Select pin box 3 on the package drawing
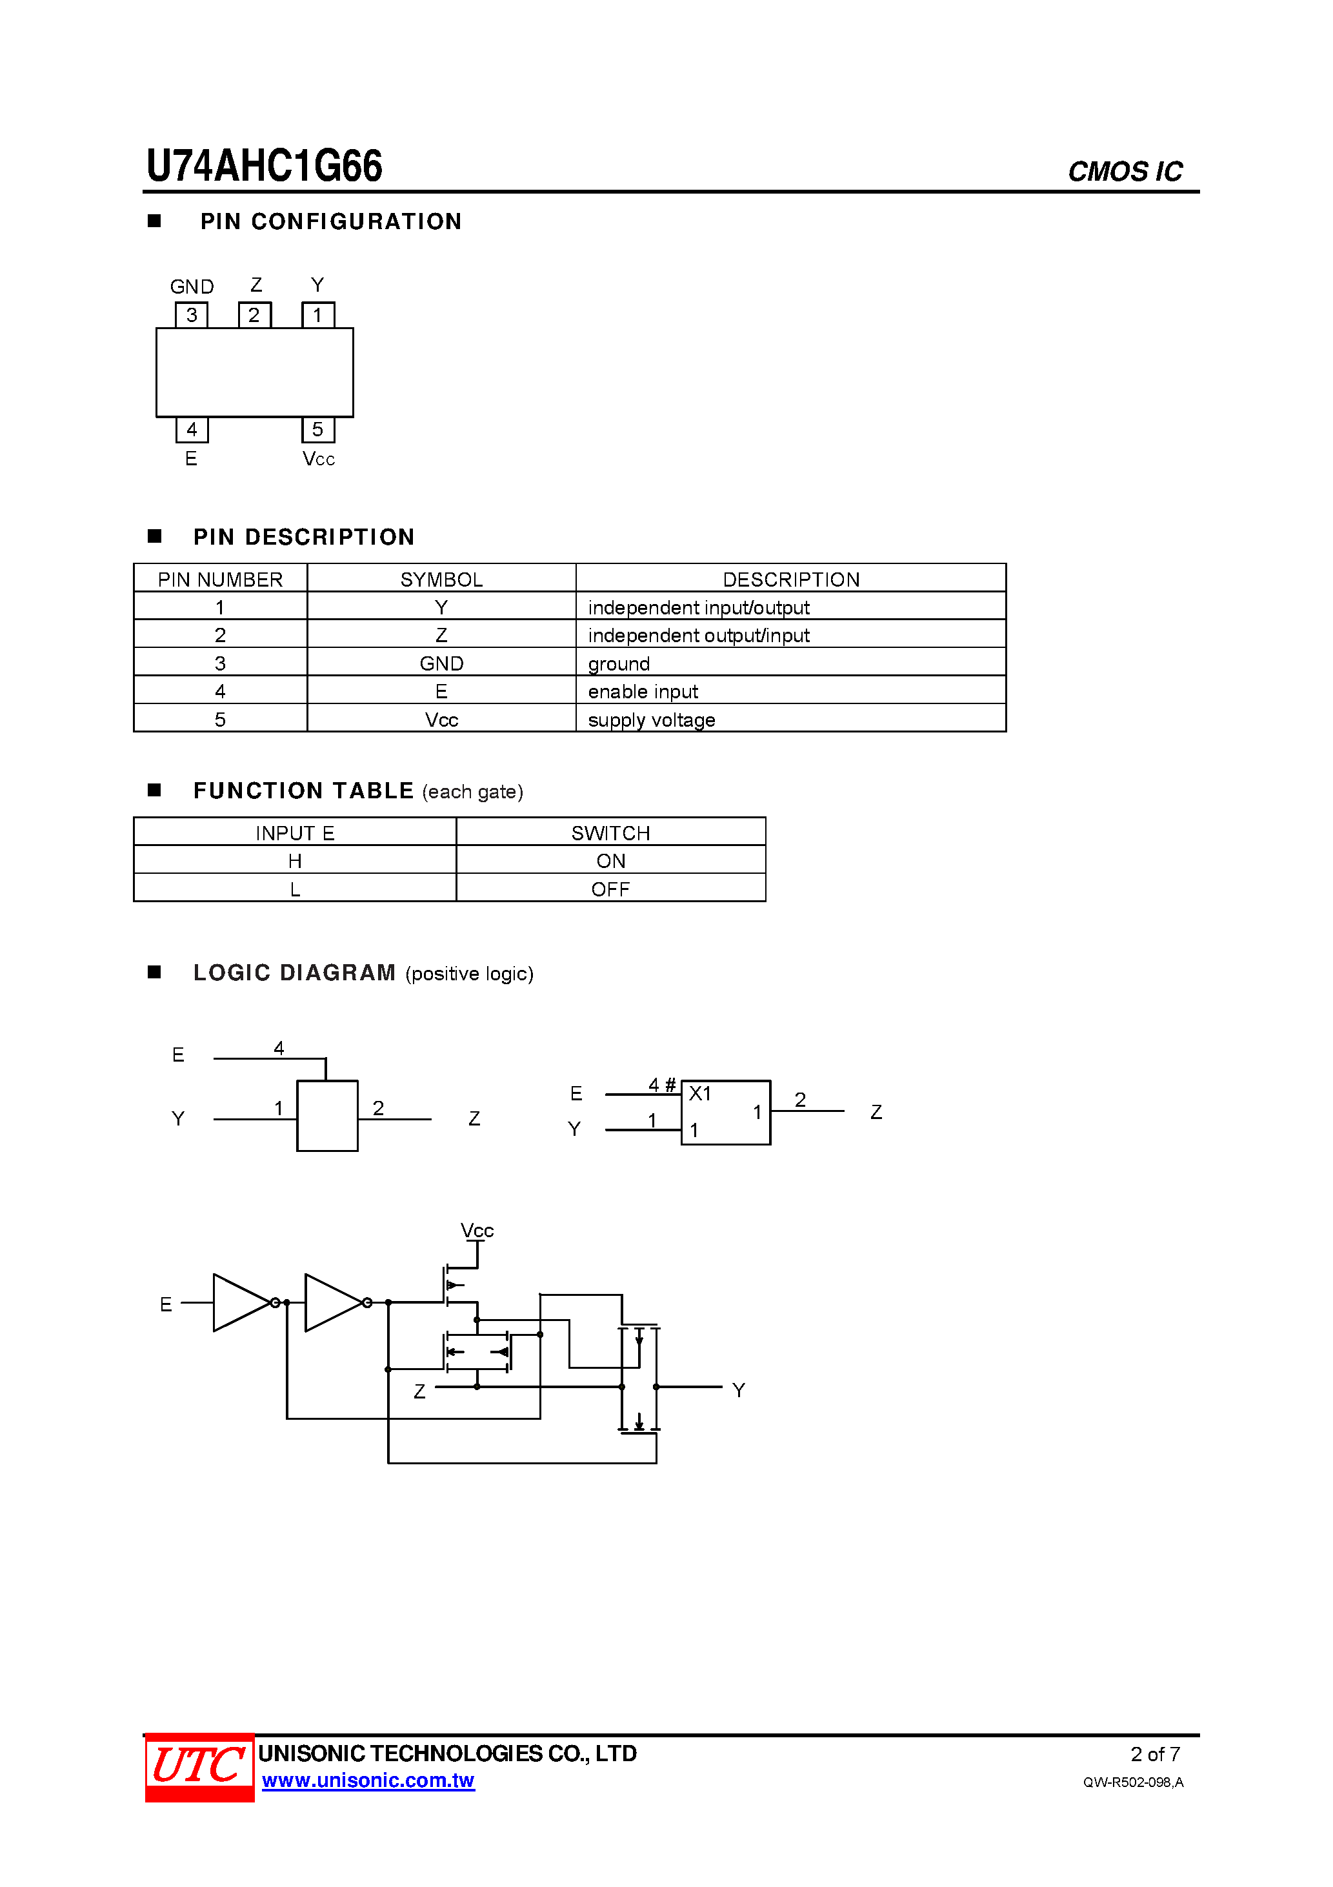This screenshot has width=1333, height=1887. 192,315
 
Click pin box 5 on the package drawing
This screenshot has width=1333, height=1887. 317,429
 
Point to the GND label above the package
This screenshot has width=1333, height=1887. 192,287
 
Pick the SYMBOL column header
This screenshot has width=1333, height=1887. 441,580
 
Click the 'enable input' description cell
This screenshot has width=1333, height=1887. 643,691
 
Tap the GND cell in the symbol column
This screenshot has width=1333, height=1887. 441,663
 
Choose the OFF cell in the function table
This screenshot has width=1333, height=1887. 610,889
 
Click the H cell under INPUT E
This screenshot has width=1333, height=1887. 294,860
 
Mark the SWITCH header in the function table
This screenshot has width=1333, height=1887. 610,832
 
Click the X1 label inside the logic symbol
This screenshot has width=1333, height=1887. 699,1093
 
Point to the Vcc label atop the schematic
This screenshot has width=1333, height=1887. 477,1230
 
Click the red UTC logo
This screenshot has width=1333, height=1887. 199,1766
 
